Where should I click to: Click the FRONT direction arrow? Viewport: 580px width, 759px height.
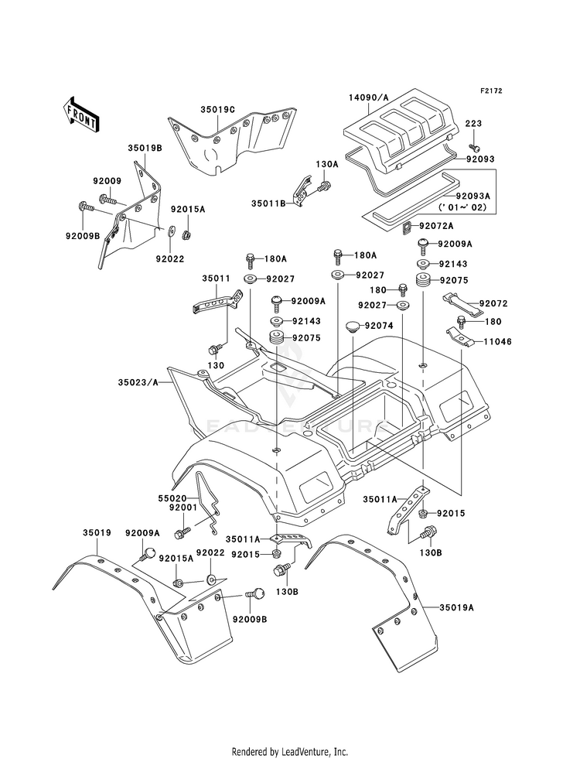(81, 114)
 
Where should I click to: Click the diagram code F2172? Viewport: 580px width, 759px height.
(491, 91)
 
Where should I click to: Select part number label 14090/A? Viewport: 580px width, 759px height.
(369, 97)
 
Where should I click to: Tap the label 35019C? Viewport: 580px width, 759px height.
(217, 110)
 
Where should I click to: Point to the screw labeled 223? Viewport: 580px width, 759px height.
(473, 145)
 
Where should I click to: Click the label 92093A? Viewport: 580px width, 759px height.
(473, 196)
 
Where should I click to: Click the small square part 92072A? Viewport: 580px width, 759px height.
(407, 227)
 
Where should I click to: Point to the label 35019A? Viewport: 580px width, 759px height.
(456, 607)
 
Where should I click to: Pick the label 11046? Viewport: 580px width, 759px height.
(497, 342)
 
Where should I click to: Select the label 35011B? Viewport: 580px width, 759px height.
(268, 203)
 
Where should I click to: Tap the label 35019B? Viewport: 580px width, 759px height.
(145, 148)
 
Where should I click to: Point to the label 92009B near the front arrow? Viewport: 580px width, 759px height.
(83, 236)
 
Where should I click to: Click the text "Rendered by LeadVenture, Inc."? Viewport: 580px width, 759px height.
(290, 751)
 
